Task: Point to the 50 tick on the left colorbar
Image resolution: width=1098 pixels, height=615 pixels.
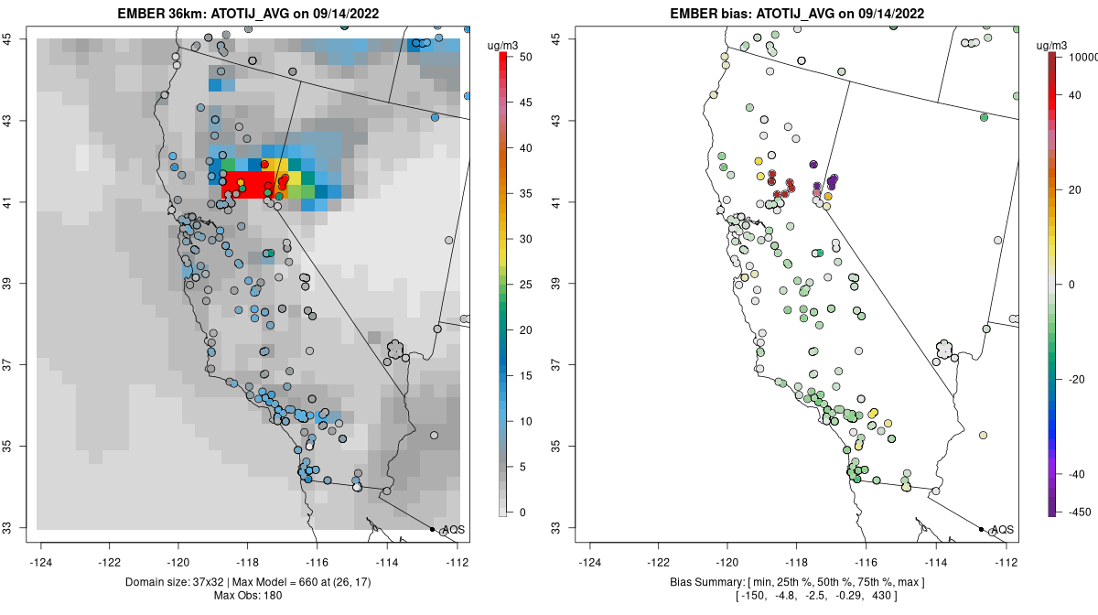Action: point(521,57)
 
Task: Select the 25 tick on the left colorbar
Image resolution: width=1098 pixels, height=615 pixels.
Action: point(521,285)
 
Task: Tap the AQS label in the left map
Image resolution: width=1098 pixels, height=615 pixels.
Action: point(453,530)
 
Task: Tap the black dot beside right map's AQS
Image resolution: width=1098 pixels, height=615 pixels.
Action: point(981,529)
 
